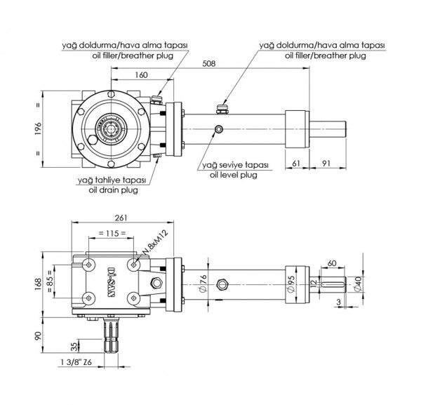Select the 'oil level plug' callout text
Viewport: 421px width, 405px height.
[x=235, y=175]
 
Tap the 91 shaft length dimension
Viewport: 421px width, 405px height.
[x=326, y=164]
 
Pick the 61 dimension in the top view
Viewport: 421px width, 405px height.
[x=295, y=164]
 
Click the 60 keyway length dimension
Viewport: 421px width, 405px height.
[x=332, y=263]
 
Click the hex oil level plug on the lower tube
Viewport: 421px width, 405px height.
[x=224, y=284]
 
